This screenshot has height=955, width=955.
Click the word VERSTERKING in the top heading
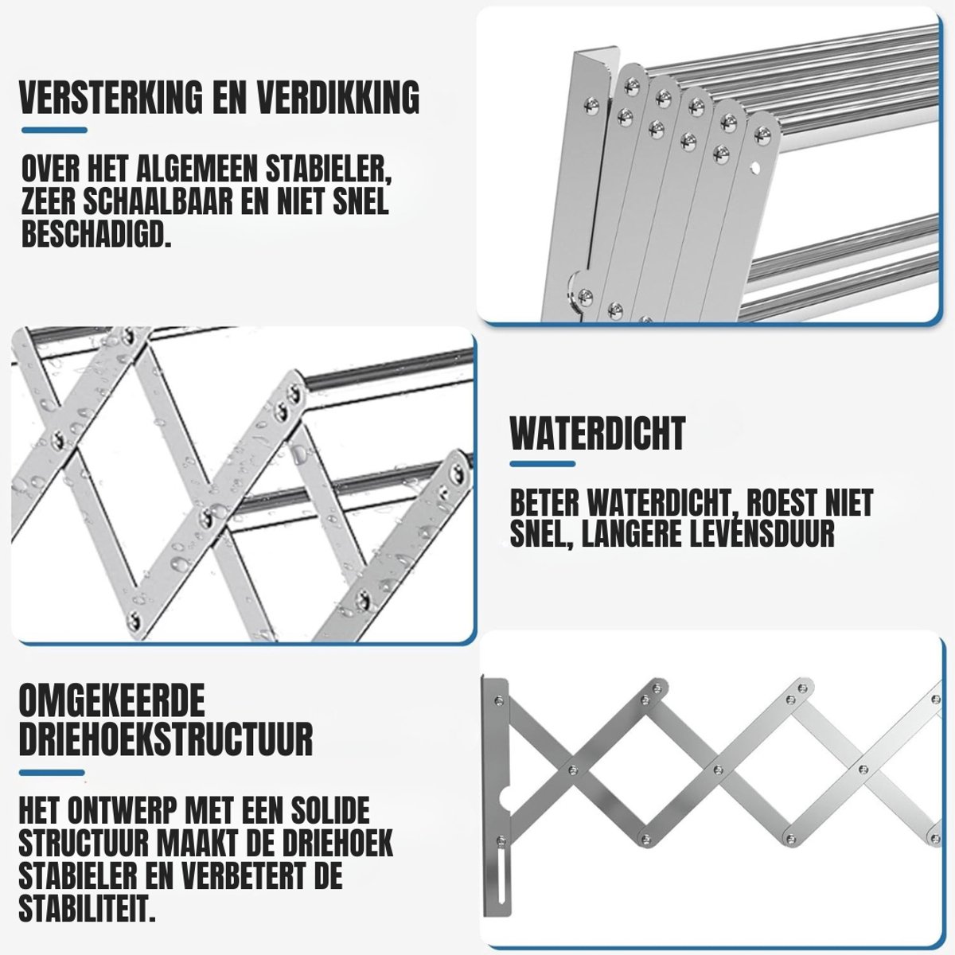click(x=111, y=98)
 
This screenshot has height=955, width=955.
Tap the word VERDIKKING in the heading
click(x=337, y=98)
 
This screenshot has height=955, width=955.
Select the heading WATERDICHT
click(x=598, y=433)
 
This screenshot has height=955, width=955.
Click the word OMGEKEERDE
click(x=112, y=700)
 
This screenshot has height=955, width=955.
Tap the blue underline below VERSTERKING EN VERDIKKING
click(x=55, y=131)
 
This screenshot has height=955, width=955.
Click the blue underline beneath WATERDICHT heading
click(x=543, y=464)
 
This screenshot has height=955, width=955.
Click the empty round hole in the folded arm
click(x=754, y=169)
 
